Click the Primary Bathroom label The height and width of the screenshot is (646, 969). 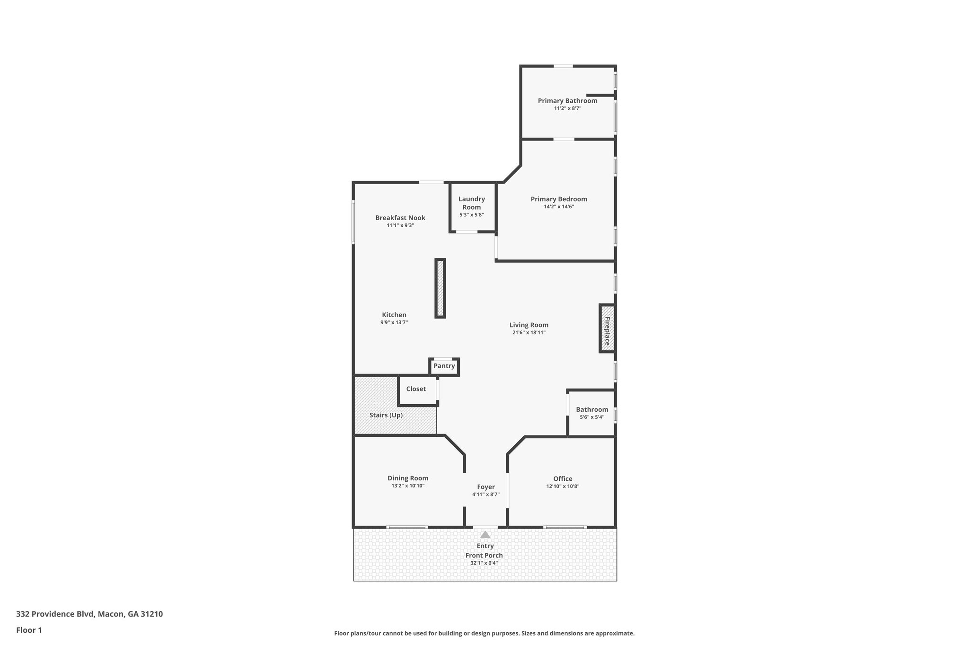[567, 101]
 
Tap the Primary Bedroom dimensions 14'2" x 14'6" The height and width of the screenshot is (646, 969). [559, 207]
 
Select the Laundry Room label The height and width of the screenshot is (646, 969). [471, 203]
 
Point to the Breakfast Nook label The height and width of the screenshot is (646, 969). [400, 218]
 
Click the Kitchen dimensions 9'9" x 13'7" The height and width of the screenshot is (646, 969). [394, 322]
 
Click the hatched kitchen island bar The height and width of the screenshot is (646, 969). [440, 288]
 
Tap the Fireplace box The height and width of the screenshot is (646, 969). [607, 328]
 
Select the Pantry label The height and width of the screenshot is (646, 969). [444, 366]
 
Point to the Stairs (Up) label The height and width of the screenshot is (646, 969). [386, 415]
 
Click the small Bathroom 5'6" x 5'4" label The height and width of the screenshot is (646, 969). [592, 410]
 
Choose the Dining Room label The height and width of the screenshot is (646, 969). [408, 478]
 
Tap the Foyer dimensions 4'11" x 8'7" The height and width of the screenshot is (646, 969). [485, 495]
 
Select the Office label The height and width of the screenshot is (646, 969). [563, 479]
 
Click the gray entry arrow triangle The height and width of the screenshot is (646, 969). [485, 535]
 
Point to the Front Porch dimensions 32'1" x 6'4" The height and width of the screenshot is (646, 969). [484, 563]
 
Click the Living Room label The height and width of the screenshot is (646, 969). [529, 325]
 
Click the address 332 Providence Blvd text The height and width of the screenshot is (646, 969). [89, 614]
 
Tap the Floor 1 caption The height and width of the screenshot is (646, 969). [29, 630]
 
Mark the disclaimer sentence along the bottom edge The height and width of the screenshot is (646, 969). [484, 633]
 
